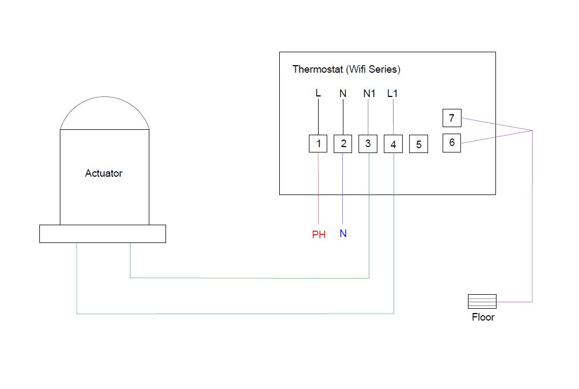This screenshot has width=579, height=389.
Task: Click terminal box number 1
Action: coord(318,143)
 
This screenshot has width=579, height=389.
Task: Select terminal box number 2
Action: coord(343,143)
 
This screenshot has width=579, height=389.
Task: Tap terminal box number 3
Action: coord(368,143)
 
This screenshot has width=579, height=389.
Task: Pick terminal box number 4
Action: coord(393,144)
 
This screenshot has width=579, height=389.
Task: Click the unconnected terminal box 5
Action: coord(419,144)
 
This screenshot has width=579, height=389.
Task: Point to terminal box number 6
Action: coord(452,143)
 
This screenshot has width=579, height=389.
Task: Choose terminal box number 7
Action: coord(452,118)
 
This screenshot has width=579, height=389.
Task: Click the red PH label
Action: coord(319,235)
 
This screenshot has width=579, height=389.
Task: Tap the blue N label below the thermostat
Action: coord(343,234)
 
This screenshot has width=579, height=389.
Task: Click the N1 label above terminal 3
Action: coord(369,94)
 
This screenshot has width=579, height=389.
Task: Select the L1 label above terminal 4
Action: coord(392,94)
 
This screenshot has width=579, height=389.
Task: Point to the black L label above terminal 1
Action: coord(318,93)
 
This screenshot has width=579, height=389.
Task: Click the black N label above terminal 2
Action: coord(343,94)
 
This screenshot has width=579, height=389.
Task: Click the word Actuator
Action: coord(104,173)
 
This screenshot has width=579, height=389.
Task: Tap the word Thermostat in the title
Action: coord(318,70)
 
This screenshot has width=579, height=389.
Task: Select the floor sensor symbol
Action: coord(482,302)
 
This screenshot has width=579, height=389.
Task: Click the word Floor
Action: coord(483,317)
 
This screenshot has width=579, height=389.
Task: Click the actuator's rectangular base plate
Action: coord(102,234)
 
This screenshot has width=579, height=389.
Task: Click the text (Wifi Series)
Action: coord(373,70)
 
